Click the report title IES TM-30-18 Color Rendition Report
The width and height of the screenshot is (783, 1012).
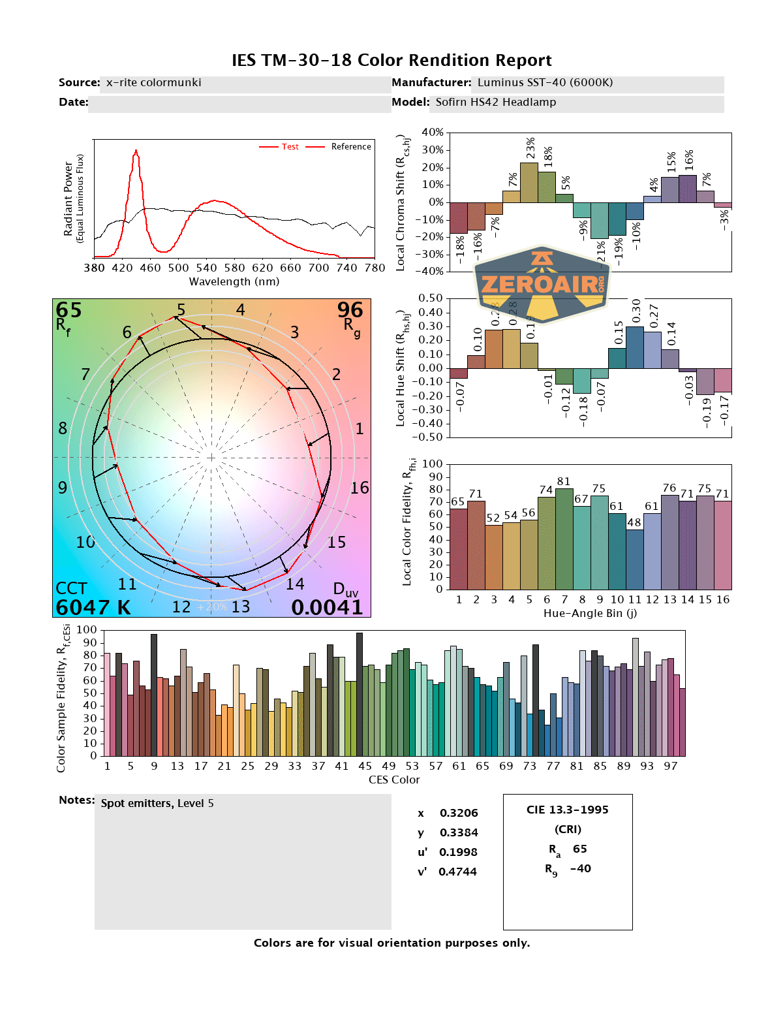click(391, 61)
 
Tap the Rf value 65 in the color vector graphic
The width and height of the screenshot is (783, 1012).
click(69, 310)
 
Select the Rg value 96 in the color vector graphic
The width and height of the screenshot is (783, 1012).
click(350, 310)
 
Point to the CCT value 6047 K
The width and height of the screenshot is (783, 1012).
click(93, 608)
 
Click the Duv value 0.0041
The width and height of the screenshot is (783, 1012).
click(327, 608)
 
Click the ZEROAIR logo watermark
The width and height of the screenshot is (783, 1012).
click(542, 284)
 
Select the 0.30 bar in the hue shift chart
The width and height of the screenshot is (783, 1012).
click(635, 347)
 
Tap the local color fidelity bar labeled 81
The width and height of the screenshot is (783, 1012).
click(564, 539)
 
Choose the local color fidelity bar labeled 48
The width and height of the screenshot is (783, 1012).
click(635, 559)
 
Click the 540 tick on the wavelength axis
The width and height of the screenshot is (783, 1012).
click(206, 268)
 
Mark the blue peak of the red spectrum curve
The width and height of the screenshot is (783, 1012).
click(136, 151)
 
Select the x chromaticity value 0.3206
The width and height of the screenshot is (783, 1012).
click(459, 814)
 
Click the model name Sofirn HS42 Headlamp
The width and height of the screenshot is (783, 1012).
click(496, 103)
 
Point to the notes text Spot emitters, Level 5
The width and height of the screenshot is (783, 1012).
click(157, 804)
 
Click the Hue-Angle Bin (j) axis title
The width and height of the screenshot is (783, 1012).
click(590, 614)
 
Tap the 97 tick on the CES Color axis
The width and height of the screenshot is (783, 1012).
click(671, 767)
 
